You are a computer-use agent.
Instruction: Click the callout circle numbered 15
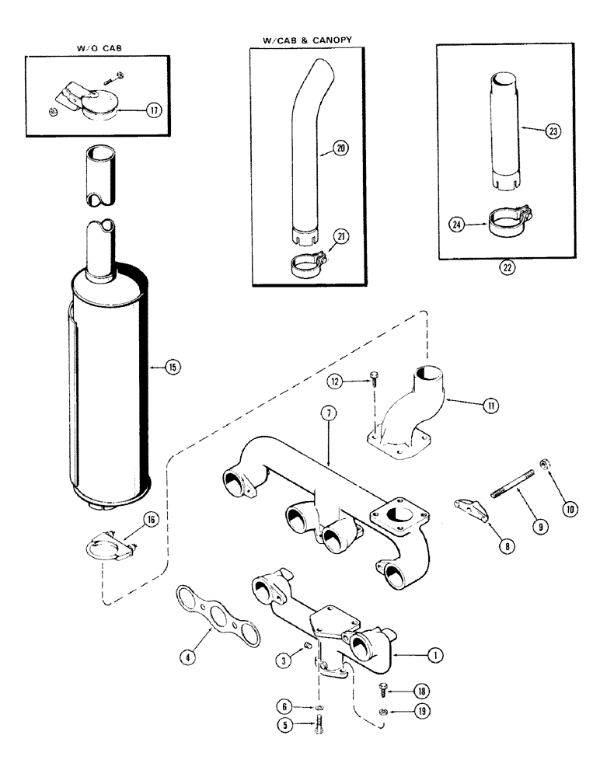(x=172, y=368)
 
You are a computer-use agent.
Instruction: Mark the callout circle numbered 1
(x=434, y=655)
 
